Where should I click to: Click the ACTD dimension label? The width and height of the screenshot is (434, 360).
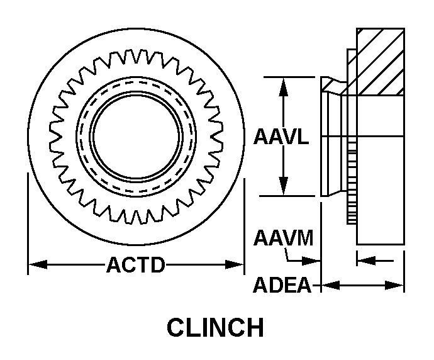(135, 265)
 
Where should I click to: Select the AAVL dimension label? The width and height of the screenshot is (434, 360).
(281, 137)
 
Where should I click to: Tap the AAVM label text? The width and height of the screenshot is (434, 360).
(283, 239)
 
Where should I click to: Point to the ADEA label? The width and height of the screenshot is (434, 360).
(282, 285)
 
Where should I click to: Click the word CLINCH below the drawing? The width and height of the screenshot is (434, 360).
(214, 328)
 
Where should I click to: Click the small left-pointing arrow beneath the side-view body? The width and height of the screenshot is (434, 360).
(367, 259)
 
